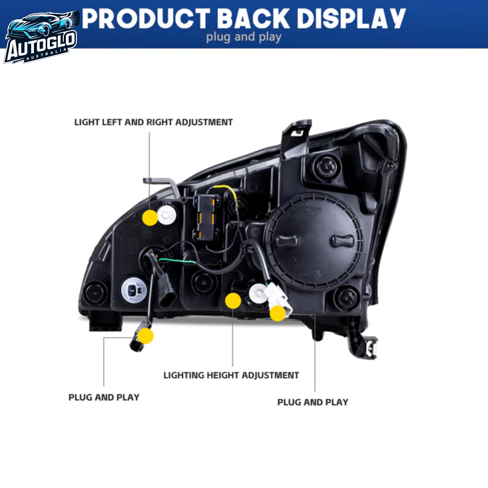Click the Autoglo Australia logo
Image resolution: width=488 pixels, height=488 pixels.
[41, 38]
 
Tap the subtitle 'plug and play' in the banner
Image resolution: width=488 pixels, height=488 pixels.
[244, 37]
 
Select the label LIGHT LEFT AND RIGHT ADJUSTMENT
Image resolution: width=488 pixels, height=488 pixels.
[153, 122]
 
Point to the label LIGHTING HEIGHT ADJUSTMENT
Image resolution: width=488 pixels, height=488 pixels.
[231, 375]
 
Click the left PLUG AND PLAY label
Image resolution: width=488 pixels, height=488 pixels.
[104, 397]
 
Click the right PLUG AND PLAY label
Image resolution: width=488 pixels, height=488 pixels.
[313, 402]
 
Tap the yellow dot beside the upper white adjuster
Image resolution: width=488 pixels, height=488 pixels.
[150, 217]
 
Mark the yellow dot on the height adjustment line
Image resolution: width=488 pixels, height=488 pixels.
[233, 300]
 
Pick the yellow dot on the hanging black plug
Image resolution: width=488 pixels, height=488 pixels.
[146, 336]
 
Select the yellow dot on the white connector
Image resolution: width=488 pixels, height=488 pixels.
[278, 313]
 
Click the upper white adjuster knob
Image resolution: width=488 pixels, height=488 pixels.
[166, 215]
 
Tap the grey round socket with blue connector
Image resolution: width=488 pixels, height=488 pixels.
[134, 290]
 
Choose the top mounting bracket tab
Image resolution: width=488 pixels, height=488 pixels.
[297, 136]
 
